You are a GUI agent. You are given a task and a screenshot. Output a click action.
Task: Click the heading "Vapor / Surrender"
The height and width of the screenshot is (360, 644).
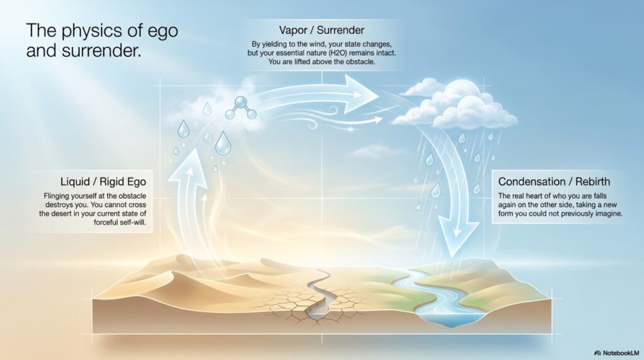point(321,30)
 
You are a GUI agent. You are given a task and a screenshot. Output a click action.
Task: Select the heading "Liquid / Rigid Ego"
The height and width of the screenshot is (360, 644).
point(103,182)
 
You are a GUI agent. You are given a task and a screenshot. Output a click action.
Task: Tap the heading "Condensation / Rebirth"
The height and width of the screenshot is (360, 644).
point(554,182)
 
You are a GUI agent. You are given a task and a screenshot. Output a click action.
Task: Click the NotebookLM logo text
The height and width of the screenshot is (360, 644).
point(616,353)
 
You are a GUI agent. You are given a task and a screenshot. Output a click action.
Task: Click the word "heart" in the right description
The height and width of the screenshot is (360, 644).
point(535,196)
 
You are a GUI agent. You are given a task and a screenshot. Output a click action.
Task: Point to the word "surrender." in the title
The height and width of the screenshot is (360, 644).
point(102,51)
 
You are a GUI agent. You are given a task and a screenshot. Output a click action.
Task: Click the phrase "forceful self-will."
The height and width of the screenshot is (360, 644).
point(120,223)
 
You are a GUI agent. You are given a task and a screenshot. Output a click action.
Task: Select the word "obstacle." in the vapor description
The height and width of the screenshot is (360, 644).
point(360,62)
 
